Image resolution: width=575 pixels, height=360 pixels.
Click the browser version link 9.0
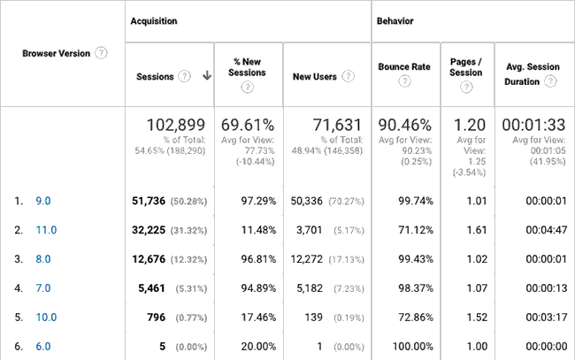(x=42, y=201)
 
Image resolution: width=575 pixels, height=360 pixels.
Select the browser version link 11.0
(x=45, y=230)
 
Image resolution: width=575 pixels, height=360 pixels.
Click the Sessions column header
(x=154, y=76)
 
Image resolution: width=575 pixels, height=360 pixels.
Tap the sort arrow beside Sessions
(x=207, y=76)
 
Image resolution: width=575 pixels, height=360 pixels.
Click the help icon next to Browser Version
(x=102, y=53)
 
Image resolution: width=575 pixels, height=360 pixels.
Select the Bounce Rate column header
(x=403, y=66)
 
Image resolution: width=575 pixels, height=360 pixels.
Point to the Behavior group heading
(x=396, y=19)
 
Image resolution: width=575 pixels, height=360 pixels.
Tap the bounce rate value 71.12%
(x=414, y=230)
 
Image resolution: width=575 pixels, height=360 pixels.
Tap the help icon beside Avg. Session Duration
(x=551, y=81)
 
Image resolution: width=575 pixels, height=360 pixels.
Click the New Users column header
(x=314, y=76)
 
